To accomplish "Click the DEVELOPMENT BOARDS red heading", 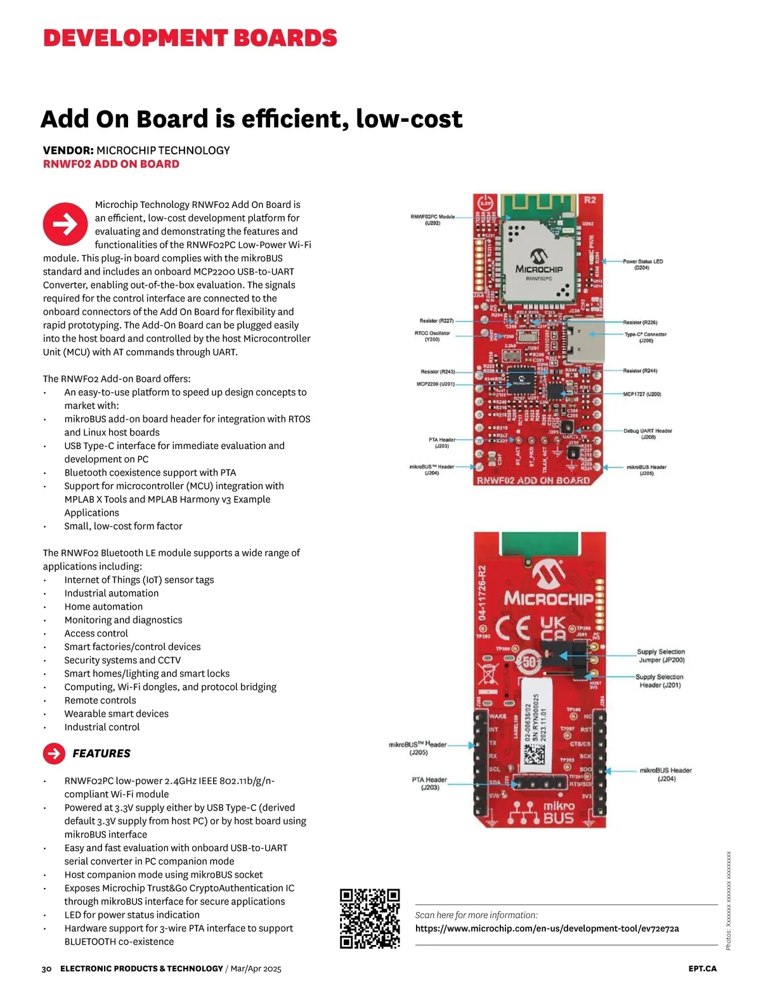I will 190,38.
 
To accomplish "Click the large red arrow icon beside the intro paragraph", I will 65,224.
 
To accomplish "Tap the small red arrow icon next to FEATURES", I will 54,753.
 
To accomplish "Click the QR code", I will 370,918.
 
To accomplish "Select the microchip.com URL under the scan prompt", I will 547,929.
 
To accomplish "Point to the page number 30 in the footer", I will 46,969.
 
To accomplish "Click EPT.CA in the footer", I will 703,969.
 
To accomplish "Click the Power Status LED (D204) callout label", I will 642,264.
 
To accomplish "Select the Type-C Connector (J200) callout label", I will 646,337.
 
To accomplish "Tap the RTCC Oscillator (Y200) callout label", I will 432,336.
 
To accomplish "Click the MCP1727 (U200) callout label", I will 642,394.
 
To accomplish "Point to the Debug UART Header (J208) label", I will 647,434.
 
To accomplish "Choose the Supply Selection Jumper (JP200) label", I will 661,656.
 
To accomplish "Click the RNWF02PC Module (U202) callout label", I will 433,219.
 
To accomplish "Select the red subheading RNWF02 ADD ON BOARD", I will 111,164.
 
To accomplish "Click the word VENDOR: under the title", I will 68,150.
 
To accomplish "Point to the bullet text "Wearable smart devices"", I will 116,714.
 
